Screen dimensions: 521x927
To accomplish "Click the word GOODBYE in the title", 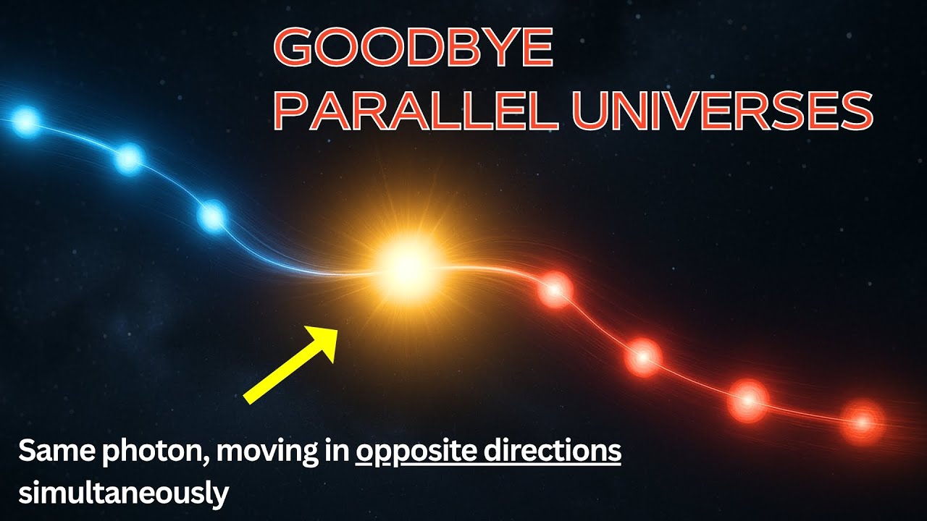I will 414,49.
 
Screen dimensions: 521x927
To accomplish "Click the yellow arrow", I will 290,363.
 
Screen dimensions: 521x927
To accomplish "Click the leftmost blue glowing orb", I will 26,121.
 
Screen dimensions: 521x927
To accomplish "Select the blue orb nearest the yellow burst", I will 211,216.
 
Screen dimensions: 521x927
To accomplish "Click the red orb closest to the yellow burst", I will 555,291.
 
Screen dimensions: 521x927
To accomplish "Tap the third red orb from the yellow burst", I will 748,399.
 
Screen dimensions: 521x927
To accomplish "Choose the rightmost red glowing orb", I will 862,420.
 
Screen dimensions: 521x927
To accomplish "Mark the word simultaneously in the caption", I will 124,493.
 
